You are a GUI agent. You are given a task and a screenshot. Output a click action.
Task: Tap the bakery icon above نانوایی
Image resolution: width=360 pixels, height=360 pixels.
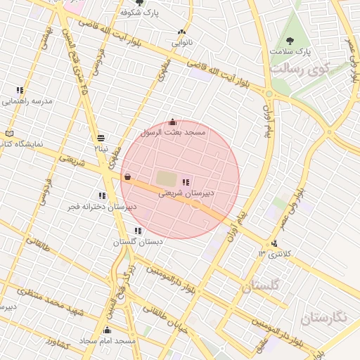182,32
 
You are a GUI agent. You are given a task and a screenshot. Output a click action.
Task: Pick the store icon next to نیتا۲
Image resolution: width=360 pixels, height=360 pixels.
101,137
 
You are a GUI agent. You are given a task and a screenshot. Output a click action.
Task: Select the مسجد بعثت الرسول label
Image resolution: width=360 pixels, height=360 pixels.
173,132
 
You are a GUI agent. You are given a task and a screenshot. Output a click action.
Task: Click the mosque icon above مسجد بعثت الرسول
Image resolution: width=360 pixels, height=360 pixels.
173,122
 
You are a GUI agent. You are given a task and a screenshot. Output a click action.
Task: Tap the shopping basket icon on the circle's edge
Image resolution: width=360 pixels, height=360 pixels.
127,176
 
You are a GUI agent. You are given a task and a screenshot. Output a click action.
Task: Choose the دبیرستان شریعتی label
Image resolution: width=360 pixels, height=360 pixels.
186,192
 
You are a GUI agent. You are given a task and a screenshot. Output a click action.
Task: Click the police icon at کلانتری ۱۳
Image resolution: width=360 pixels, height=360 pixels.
274,243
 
